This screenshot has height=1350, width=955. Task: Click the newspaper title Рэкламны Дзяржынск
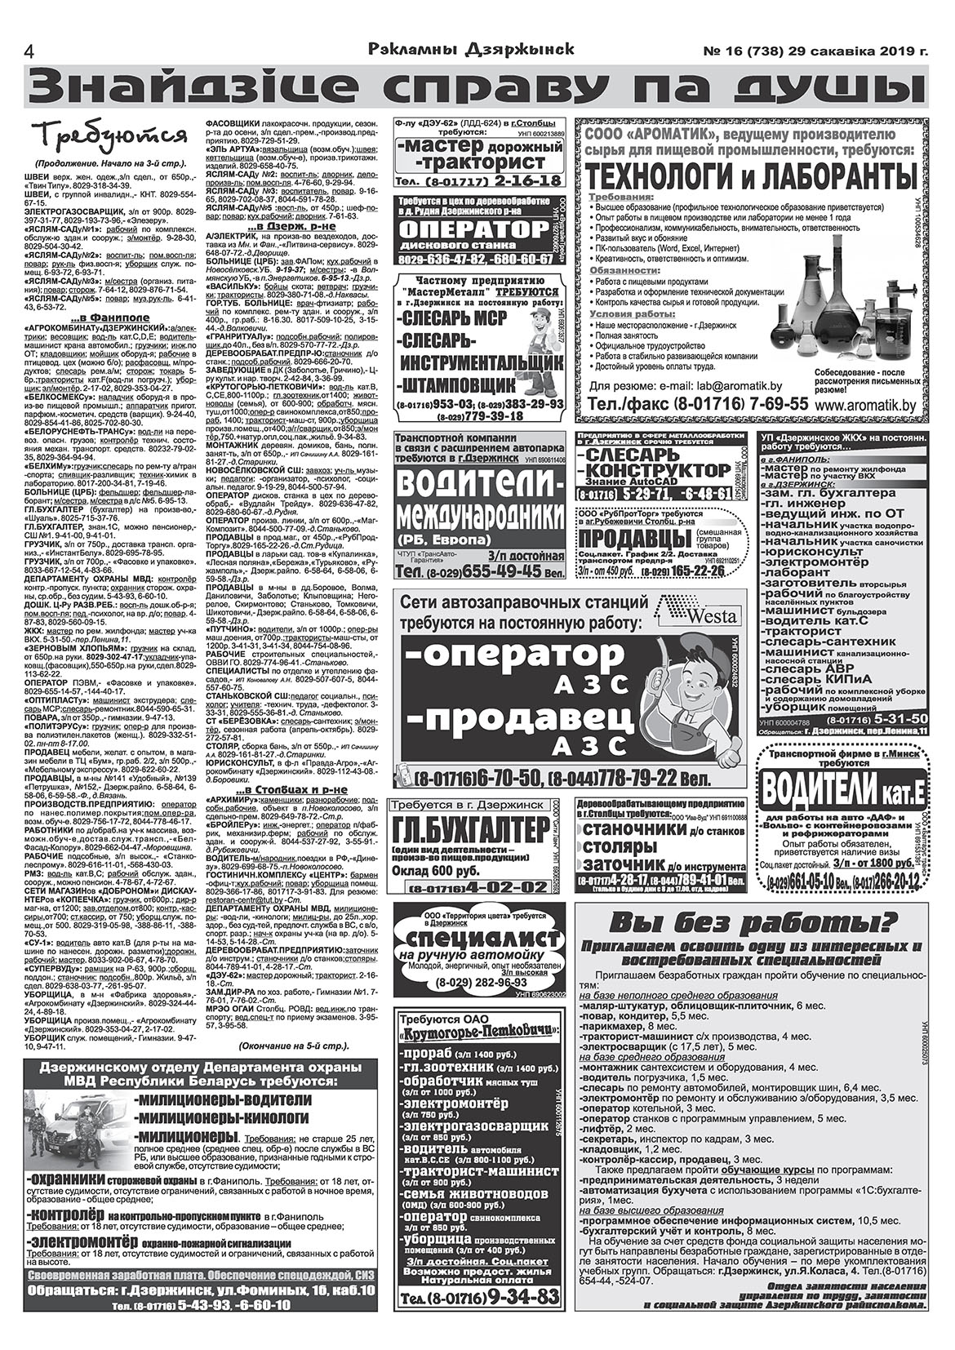[471, 49]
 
